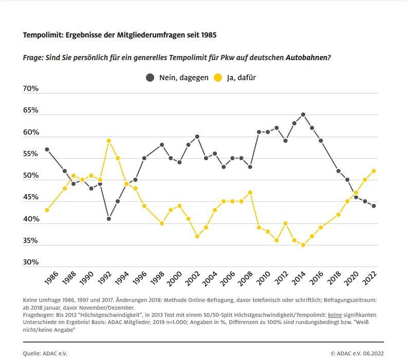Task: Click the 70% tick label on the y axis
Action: coord(31,88)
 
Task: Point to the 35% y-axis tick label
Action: coord(31,240)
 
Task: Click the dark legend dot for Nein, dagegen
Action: coord(150,78)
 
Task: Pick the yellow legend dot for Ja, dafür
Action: coord(218,78)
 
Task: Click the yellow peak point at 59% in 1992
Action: coord(109,141)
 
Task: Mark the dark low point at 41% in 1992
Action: coord(109,219)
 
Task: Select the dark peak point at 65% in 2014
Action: coord(303,115)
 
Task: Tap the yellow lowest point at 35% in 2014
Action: coord(303,245)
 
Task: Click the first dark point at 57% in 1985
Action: coord(47,149)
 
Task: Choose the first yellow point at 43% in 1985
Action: coord(47,210)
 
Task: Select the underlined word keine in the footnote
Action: coord(335,314)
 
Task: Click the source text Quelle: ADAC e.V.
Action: coord(45,353)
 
